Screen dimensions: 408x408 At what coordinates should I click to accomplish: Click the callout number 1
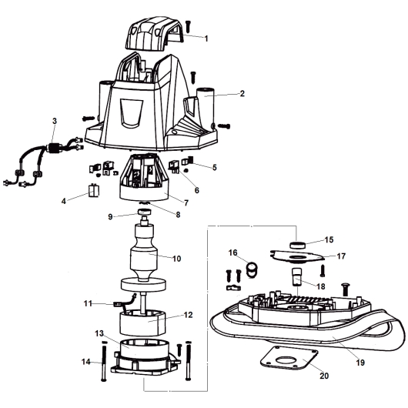point(206,38)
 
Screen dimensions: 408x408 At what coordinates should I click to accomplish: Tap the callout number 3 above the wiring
point(55,121)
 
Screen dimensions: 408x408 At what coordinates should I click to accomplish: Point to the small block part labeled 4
point(94,190)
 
